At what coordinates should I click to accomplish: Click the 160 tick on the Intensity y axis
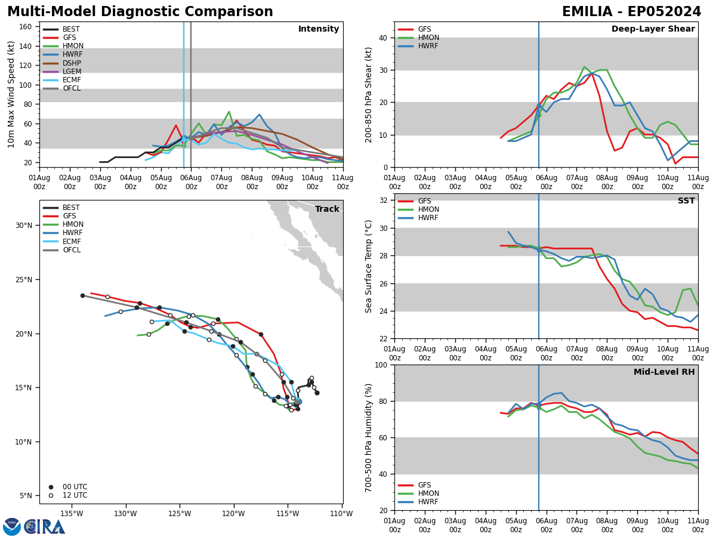(x=26, y=27)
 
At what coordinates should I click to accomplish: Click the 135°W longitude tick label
(x=71, y=513)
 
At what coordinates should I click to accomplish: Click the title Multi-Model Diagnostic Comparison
(x=140, y=12)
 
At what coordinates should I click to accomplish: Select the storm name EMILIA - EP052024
(x=631, y=12)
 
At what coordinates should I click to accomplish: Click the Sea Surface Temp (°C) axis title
(x=369, y=266)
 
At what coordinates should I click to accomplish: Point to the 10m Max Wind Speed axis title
(x=12, y=94)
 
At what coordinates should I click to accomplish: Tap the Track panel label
(x=327, y=209)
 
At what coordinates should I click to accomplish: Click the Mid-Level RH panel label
(x=664, y=372)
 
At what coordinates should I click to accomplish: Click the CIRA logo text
(x=44, y=527)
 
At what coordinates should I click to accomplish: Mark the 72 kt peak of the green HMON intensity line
(x=229, y=112)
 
